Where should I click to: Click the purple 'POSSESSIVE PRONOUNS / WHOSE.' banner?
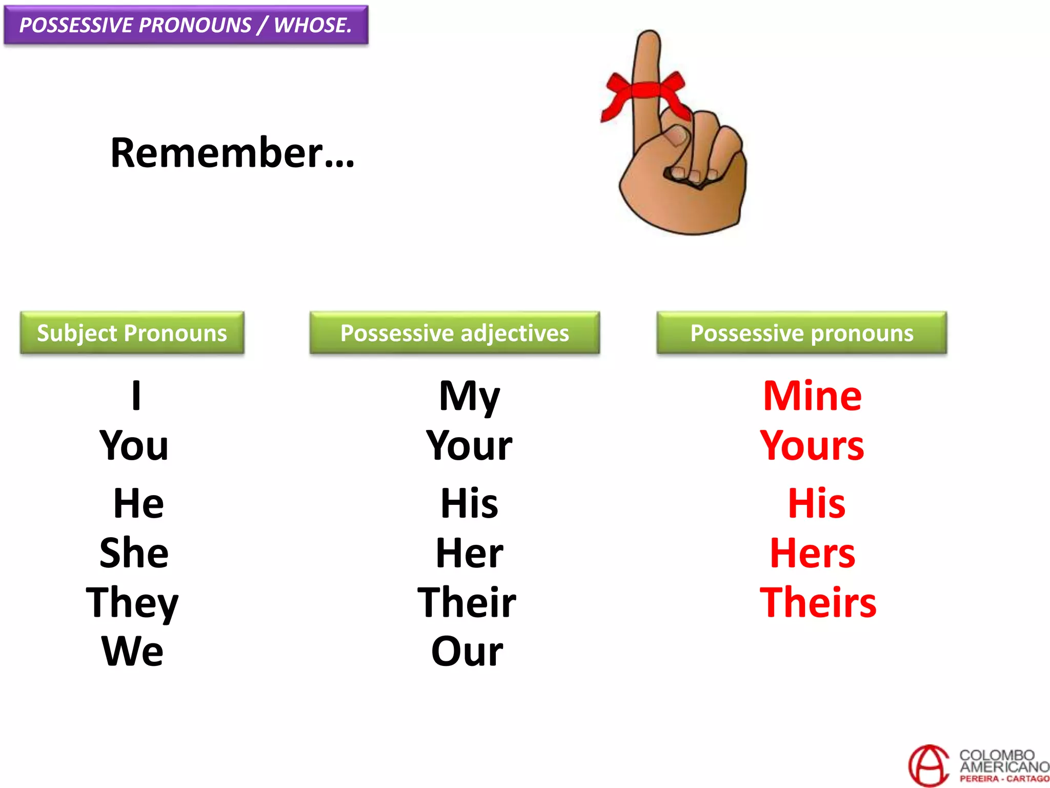tap(186, 25)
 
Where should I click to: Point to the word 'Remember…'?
tap(232, 153)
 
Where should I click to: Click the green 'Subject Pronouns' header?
tap(132, 333)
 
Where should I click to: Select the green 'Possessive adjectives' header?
tap(454, 333)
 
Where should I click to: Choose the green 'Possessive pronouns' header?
tap(801, 333)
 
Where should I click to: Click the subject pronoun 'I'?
tap(136, 396)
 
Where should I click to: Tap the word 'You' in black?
tap(134, 445)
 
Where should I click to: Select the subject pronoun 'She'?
tap(134, 553)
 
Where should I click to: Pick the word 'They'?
tap(132, 603)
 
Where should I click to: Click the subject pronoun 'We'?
tap(133, 652)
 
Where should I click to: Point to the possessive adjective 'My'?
tap(469, 396)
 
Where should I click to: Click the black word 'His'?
tap(469, 503)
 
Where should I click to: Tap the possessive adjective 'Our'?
tap(467, 652)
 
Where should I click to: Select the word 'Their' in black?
tap(467, 602)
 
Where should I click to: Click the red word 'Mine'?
tap(812, 396)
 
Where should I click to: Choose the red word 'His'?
tap(816, 503)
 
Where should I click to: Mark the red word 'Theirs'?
tap(818, 602)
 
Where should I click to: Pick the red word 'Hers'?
tap(813, 553)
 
